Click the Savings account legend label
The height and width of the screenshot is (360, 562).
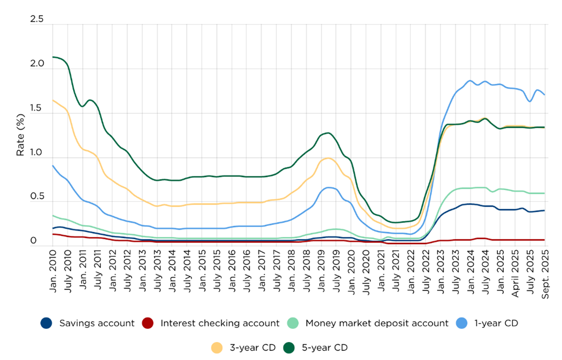97,323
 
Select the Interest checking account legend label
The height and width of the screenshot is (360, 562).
220,323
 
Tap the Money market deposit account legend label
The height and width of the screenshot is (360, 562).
377,323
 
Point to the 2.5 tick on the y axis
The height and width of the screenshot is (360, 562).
37,20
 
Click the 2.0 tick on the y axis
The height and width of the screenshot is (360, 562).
37,64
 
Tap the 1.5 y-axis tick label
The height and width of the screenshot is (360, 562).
37,109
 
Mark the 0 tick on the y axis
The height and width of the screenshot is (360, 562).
34,241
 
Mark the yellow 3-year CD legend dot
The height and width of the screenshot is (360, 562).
216,348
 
